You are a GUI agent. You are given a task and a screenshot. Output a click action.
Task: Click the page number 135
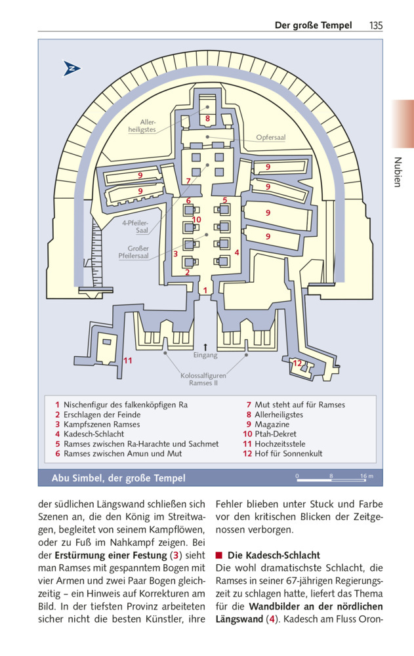tap(375, 26)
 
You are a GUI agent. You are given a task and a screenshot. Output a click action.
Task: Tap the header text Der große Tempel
tap(312, 26)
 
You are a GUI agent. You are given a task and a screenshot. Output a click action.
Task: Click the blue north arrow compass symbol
tap(72, 68)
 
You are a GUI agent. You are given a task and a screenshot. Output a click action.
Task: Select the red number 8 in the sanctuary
tap(207, 119)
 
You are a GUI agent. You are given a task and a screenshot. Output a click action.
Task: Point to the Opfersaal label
tap(270, 138)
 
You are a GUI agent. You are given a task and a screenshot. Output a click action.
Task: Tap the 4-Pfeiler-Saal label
tap(136, 227)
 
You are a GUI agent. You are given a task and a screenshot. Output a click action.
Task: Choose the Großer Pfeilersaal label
tap(134, 252)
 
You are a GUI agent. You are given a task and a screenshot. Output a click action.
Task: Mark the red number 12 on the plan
tap(297, 363)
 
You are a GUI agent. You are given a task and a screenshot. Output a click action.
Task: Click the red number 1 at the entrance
tap(205, 289)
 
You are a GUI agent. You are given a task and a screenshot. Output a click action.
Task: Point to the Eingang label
tap(205, 356)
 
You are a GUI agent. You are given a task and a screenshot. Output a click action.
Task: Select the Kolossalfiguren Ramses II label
tap(203, 379)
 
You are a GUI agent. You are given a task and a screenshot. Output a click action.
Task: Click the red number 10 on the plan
tap(196, 219)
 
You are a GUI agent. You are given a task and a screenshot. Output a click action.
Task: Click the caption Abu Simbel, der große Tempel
tap(118, 478)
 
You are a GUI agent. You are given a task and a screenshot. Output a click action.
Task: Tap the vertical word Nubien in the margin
tap(397, 173)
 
